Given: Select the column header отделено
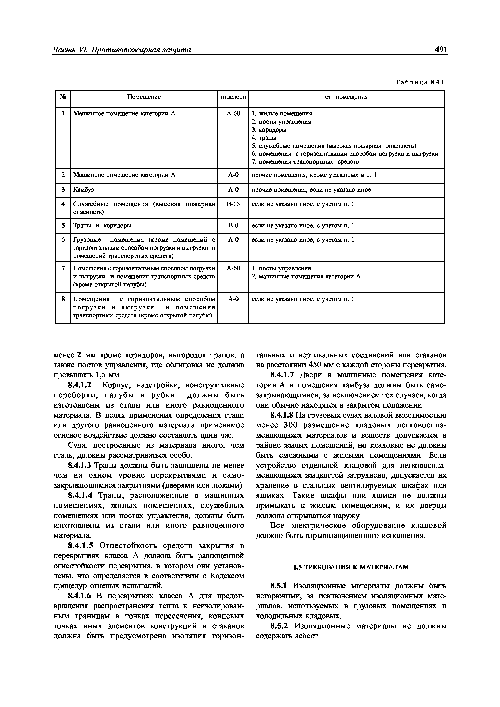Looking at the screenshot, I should click(x=233, y=97).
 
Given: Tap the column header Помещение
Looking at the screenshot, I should click(x=144, y=97).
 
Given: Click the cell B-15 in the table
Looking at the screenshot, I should click(x=233, y=204).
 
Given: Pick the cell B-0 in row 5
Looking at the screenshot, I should click(x=233, y=225).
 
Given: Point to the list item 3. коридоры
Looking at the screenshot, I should click(x=269, y=130).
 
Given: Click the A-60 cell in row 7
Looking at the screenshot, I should click(x=233, y=268).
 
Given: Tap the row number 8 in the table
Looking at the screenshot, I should click(x=63, y=299).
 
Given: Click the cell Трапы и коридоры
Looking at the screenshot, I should click(x=102, y=225).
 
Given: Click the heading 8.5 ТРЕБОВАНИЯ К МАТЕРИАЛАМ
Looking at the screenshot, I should click(x=351, y=567).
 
